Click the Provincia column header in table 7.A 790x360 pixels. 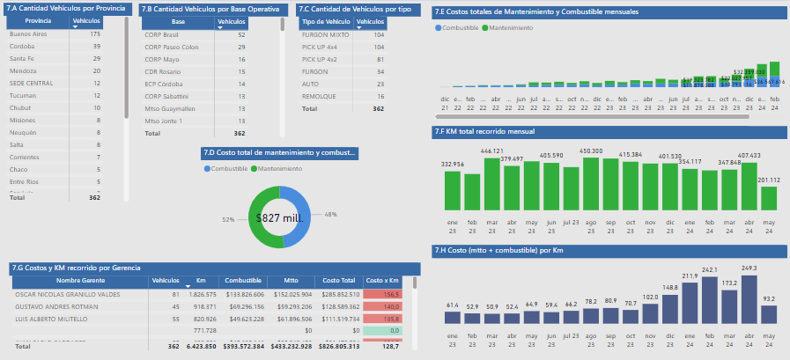tap(38, 19)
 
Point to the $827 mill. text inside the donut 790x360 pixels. tap(279, 217)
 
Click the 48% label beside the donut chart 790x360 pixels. tap(330, 214)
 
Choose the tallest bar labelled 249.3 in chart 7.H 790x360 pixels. tap(749, 299)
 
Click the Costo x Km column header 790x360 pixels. tap(381, 280)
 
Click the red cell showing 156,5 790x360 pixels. tap(382, 293)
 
